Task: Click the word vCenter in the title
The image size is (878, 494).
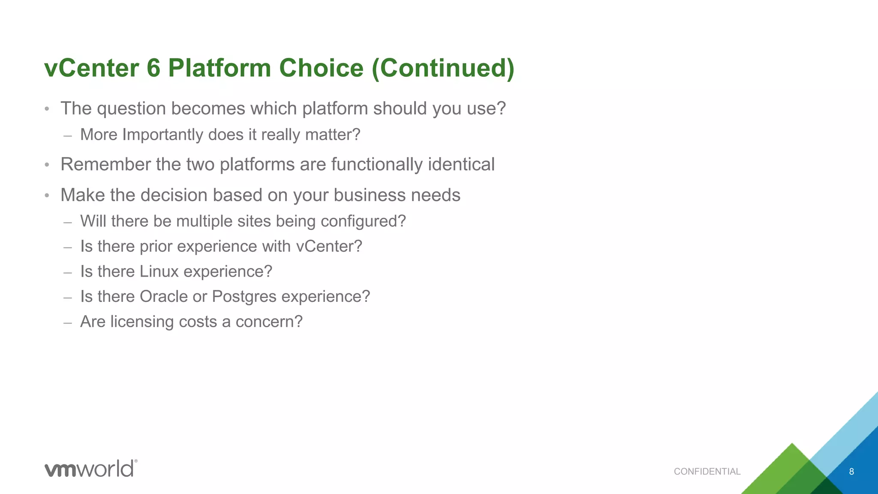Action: click(x=91, y=68)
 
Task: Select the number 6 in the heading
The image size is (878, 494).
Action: click(x=153, y=68)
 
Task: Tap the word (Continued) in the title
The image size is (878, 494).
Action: click(x=443, y=68)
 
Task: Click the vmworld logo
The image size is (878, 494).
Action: click(x=91, y=468)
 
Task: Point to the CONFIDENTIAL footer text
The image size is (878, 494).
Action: click(x=707, y=472)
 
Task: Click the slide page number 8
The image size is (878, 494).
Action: click(x=851, y=472)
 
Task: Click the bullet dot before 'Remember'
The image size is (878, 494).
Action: click(x=47, y=165)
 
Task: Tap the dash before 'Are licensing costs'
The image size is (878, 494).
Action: click(x=67, y=322)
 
